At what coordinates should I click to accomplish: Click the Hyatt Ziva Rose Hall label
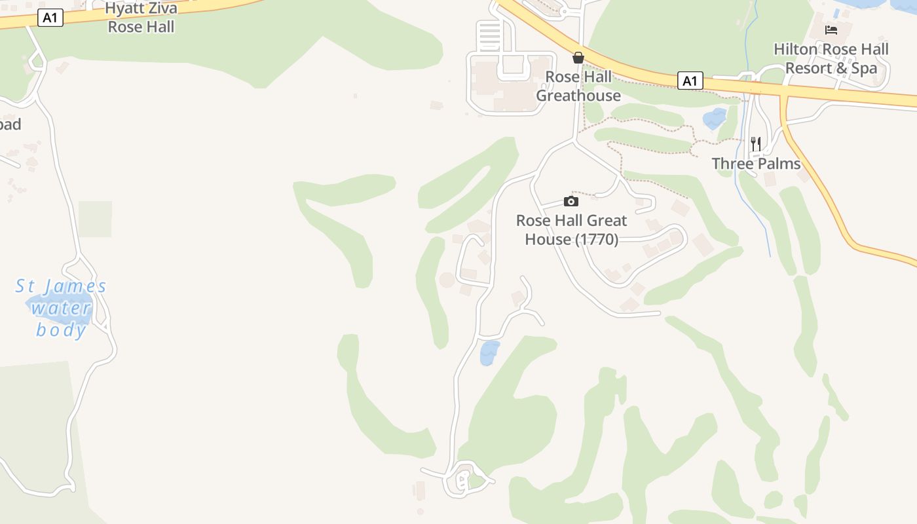141,18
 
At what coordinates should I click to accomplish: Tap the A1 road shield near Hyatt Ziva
50,18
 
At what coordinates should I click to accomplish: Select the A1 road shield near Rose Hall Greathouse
690,81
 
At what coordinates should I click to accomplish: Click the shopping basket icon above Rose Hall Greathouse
578,58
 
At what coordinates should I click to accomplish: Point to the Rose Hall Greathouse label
578,86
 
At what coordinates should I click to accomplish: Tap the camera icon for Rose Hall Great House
571,201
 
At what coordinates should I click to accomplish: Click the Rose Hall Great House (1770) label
572,230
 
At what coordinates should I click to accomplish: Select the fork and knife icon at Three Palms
756,143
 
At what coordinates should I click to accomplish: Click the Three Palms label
757,164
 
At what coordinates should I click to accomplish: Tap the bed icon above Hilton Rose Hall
831,30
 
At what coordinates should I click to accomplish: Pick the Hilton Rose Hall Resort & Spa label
831,58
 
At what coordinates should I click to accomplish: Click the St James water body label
61,307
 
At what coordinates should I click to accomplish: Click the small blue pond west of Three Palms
714,119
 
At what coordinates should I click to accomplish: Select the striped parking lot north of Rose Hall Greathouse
489,35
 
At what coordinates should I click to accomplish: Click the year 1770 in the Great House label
597,240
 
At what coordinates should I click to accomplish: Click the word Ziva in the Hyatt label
159,9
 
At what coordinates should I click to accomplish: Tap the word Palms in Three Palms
780,164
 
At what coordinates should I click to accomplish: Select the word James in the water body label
78,286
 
